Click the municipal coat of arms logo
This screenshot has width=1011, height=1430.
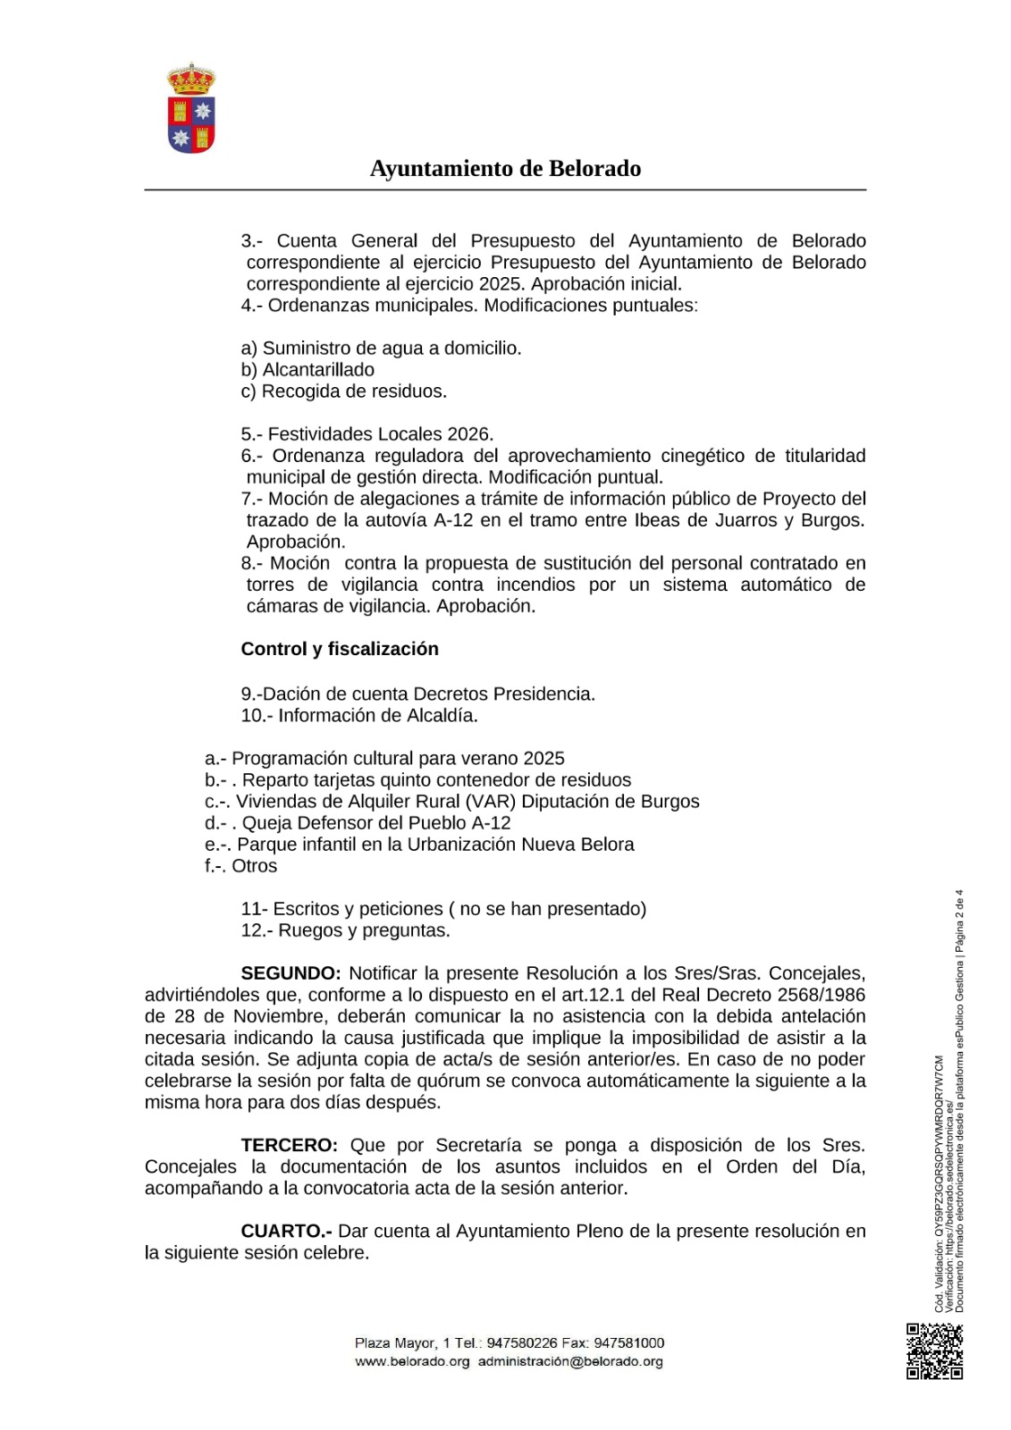point(191,108)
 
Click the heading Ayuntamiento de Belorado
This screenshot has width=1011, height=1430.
point(505,169)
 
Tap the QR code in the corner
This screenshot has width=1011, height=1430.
point(934,1350)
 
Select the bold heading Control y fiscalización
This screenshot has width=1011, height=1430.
point(340,649)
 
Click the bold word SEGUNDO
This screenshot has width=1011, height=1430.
point(291,973)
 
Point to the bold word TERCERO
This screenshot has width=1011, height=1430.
point(289,1145)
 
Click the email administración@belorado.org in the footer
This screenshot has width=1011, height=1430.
point(570,1361)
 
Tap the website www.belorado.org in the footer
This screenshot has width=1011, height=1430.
point(412,1361)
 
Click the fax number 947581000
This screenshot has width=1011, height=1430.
point(629,1342)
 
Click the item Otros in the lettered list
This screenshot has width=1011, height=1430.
point(255,865)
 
